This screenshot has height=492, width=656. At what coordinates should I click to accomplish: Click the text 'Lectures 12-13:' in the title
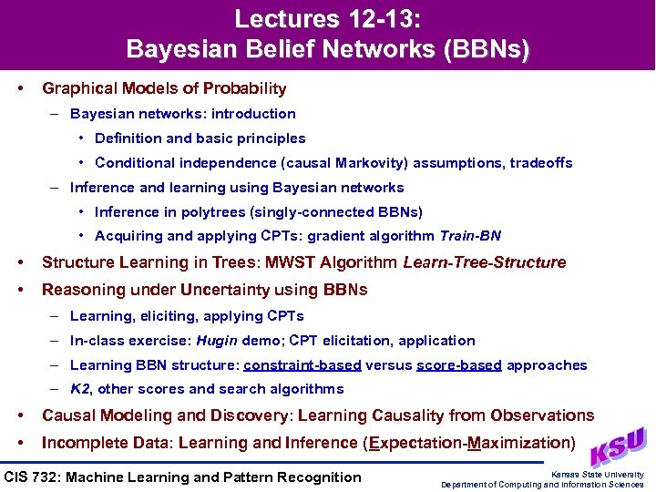click(327, 18)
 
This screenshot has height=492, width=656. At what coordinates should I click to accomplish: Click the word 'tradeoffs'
click(541, 163)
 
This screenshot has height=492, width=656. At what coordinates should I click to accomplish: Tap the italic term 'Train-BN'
click(470, 236)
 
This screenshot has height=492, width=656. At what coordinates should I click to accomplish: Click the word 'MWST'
click(325, 262)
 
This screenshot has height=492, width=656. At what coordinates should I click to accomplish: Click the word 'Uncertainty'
click(237, 290)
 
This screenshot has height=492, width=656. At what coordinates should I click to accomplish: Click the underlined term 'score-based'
click(459, 365)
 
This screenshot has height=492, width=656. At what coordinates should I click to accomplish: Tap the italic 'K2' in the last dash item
click(80, 389)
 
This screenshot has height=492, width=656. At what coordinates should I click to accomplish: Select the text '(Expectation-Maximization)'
click(468, 444)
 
